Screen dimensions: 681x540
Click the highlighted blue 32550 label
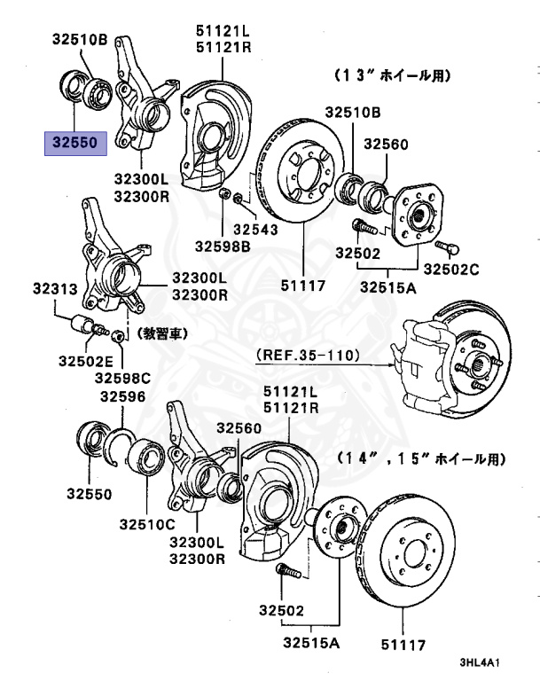[x=76, y=142]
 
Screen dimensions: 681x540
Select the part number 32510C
[x=147, y=524]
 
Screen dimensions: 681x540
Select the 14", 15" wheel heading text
[x=419, y=459]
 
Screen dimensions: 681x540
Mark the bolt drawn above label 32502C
[x=445, y=246]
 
